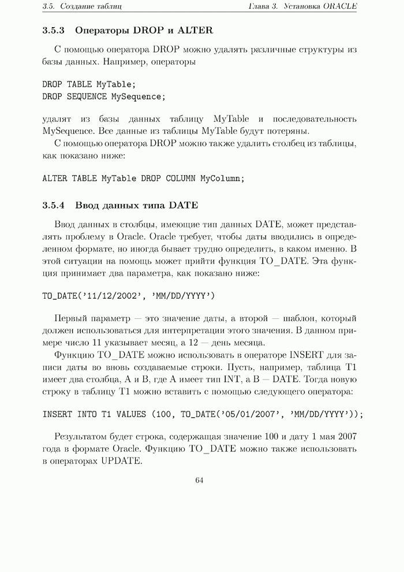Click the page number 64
tap(200, 480)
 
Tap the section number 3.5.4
tap(54, 205)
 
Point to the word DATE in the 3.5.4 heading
tap(184, 205)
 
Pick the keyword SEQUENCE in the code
tap(87, 96)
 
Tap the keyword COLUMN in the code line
tap(181, 179)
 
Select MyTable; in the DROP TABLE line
tap(116, 84)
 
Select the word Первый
tap(72, 318)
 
